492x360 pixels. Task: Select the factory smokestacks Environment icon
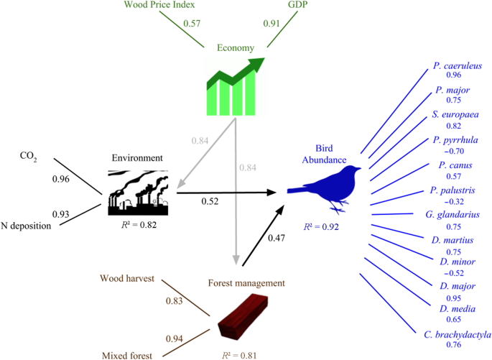coord(139,192)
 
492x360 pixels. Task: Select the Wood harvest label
coord(126,278)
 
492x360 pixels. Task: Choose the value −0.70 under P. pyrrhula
coord(452,152)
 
